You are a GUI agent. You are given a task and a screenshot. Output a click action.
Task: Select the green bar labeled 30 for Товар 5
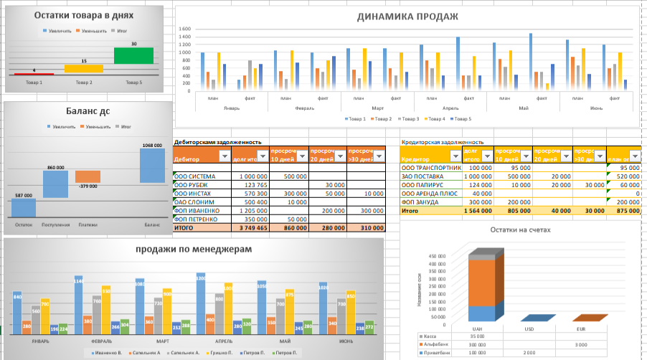(133, 55)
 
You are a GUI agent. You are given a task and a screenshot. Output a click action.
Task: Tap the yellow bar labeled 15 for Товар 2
(84, 69)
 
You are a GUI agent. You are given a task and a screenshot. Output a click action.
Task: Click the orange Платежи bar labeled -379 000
(88, 176)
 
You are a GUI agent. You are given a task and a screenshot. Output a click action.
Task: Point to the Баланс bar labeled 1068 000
(152, 166)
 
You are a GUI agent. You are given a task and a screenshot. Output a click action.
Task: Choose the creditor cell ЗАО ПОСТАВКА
(423, 176)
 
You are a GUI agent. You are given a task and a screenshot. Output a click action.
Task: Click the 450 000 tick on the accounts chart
(437, 255)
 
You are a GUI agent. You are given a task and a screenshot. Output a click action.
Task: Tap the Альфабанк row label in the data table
(433, 344)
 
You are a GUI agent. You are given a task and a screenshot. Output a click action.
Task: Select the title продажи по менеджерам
(194, 249)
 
